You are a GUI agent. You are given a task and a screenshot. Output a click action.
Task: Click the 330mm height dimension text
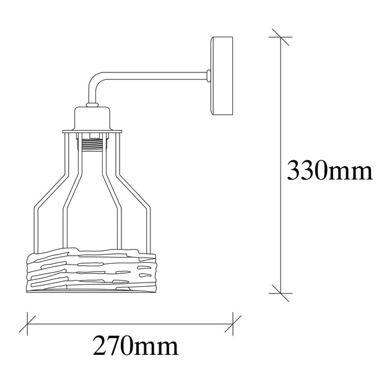coord(329,170)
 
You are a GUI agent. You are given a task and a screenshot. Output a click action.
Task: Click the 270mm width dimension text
coord(136,345)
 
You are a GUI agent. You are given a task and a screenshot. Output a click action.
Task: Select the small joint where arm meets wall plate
coord(209,76)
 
